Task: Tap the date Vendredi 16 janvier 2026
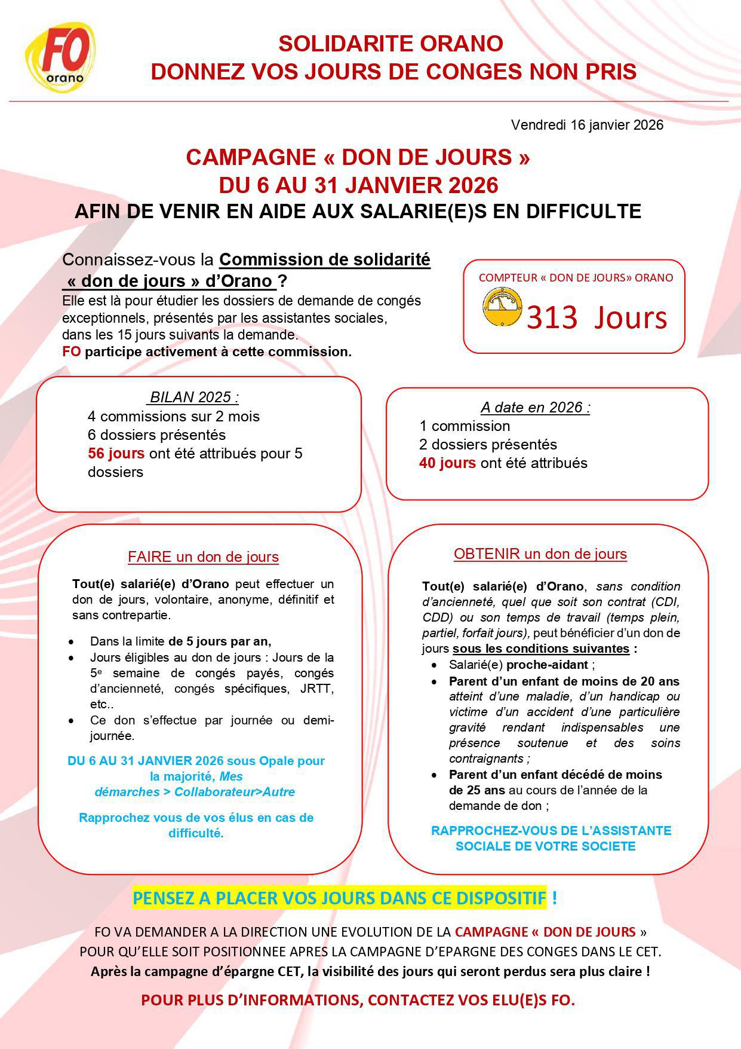click(x=587, y=125)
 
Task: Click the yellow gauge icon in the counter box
click(x=502, y=308)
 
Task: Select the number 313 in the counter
click(x=552, y=317)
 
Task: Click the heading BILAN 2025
click(x=194, y=397)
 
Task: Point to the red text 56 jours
click(x=116, y=453)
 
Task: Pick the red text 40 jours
click(x=447, y=463)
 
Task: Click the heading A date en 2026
click(x=535, y=408)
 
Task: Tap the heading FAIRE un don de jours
click(x=203, y=557)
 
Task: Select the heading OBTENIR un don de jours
click(x=540, y=554)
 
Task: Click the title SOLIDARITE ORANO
click(x=391, y=44)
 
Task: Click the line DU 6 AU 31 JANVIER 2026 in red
click(x=358, y=185)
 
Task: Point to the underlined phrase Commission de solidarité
click(x=325, y=260)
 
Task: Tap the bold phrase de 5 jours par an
click(x=219, y=641)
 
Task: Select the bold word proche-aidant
click(x=547, y=665)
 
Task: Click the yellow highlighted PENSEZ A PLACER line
click(x=339, y=898)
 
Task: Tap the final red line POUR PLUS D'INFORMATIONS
click(x=358, y=1001)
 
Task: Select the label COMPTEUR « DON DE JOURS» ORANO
click(x=575, y=277)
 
